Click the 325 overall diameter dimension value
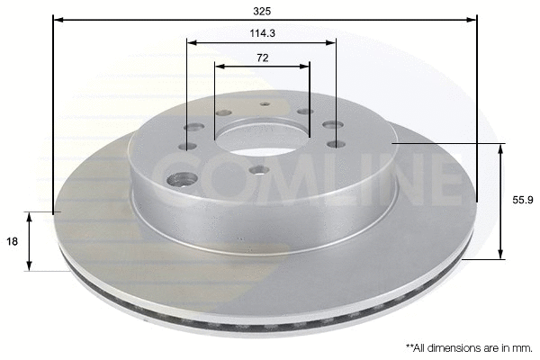263,12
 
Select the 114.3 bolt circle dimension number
262,34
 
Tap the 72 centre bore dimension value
263,58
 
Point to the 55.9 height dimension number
522,202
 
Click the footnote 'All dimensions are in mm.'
468,346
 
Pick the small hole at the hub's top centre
265,104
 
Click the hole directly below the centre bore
257,167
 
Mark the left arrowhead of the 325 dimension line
57,18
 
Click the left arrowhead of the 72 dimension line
219,65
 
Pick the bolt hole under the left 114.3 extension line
189,128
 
